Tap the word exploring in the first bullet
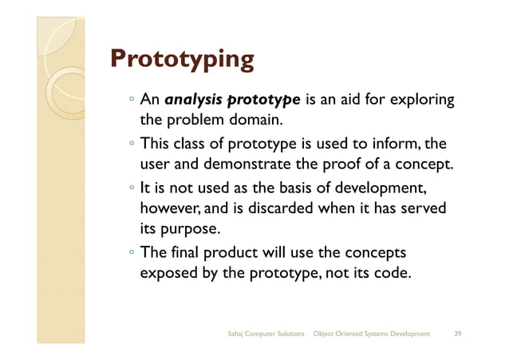pos(422,101)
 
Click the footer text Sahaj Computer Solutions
pos(266,333)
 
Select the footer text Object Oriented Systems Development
pos(372,333)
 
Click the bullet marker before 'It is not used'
pos(132,188)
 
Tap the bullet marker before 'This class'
pos(132,145)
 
